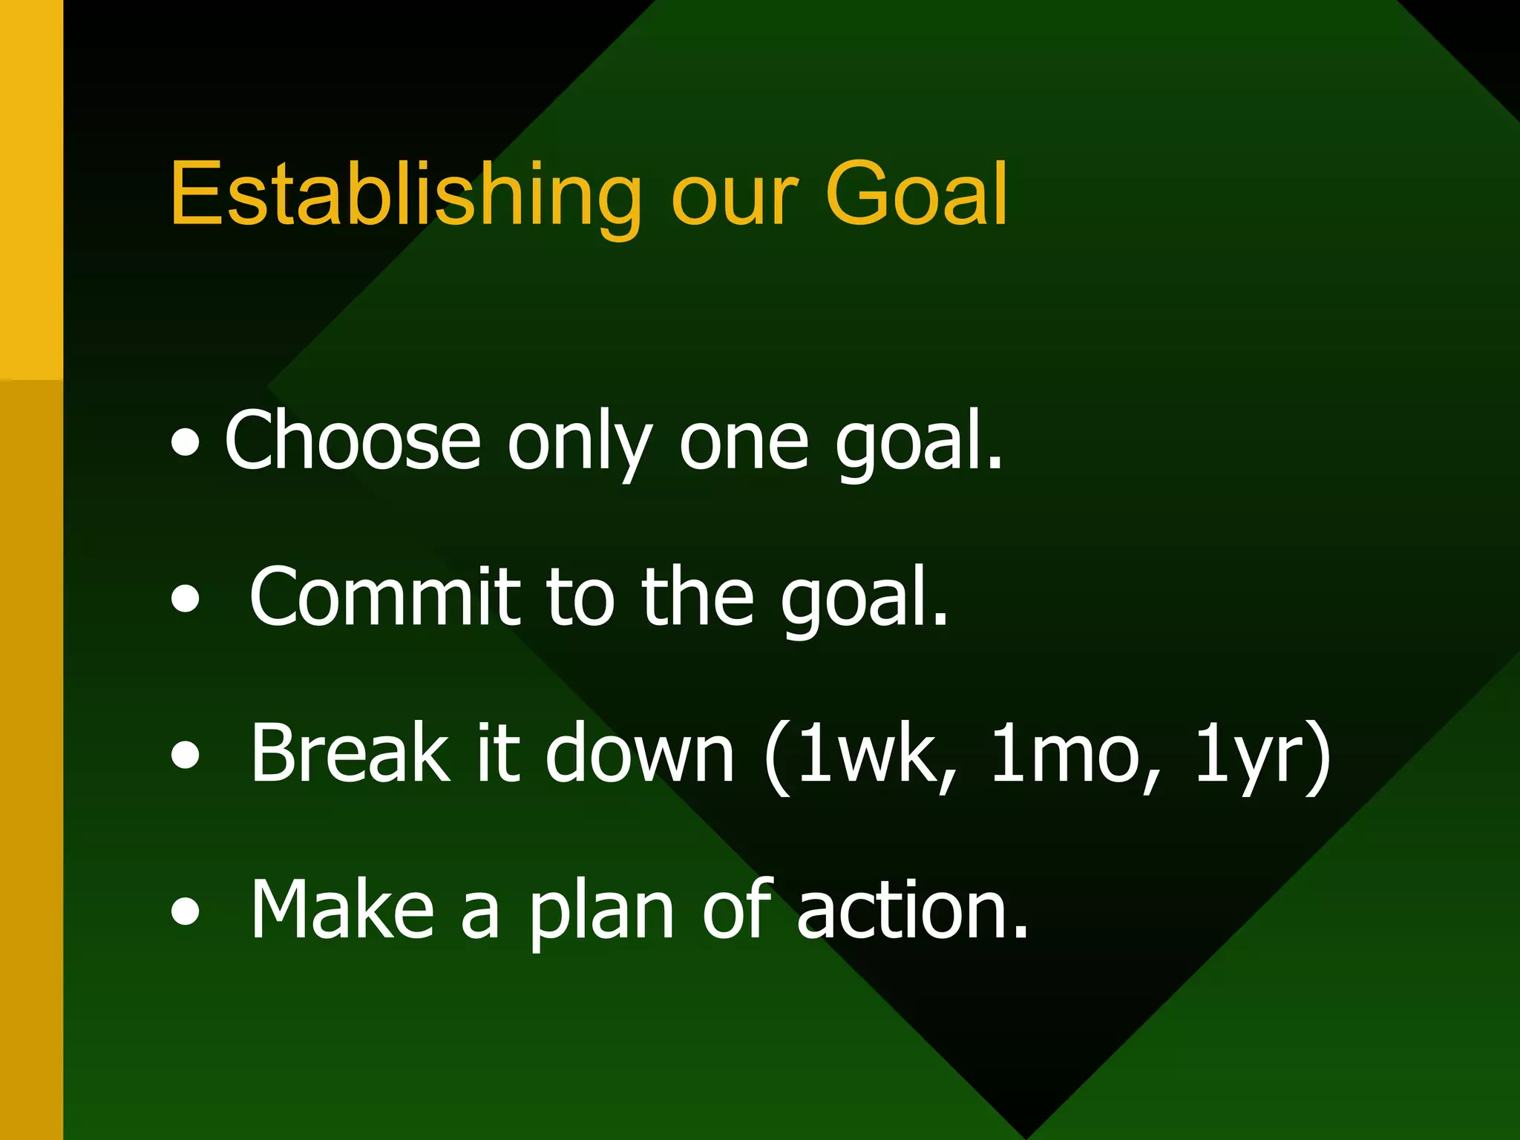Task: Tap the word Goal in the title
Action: pyautogui.click(x=916, y=194)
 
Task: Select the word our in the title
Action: pyautogui.click(x=735, y=200)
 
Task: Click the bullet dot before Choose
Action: pyautogui.click(x=185, y=443)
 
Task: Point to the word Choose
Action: pyautogui.click(x=353, y=442)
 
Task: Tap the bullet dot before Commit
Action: pyautogui.click(x=185, y=599)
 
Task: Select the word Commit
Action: pyautogui.click(x=384, y=597)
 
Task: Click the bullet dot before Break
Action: pyautogui.click(x=185, y=755)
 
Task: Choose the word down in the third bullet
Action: pyautogui.click(x=640, y=753)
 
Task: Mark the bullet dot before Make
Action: pyautogui.click(x=185, y=911)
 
